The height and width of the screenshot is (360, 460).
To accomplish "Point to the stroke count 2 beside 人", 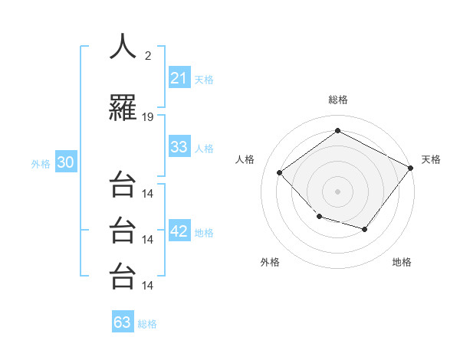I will click(148, 54).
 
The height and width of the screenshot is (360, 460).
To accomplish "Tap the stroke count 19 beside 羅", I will click(148, 117).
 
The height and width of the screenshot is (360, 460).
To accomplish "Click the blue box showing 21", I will click(179, 77).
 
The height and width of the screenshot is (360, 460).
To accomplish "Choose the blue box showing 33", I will click(179, 147).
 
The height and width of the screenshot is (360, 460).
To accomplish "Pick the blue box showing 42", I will click(179, 231).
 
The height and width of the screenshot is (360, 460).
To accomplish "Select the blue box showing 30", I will click(65, 163).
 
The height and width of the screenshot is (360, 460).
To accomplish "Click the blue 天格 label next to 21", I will click(204, 79).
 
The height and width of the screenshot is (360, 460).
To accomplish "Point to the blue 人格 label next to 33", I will click(204, 149).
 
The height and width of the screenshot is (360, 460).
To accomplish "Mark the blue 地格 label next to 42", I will click(204, 233).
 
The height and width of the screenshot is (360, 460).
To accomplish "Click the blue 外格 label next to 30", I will click(41, 164).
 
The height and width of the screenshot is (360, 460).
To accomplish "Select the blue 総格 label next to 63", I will click(147, 324).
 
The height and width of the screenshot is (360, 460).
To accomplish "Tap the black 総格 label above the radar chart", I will click(338, 100).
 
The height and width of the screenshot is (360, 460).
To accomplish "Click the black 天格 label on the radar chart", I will click(431, 159).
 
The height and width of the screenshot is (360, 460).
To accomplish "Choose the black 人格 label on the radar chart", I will click(245, 159).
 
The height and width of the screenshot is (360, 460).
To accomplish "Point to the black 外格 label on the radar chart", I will click(270, 262).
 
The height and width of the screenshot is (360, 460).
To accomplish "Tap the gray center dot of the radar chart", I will click(337, 191).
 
